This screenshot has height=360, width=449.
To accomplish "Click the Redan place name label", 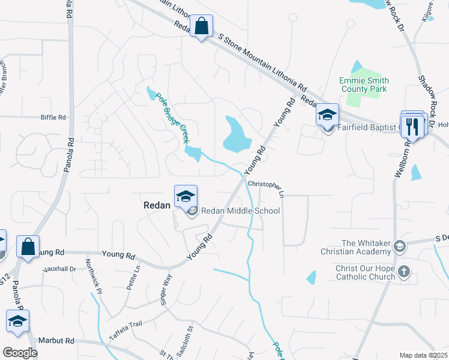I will click(158, 205).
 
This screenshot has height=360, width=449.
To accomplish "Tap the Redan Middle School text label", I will click(240, 211).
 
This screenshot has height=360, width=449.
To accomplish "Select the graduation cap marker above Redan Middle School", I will click(186, 196).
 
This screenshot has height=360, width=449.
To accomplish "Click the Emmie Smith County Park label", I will click(364, 85).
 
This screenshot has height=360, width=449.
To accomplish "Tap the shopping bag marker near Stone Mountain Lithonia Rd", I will click(201, 26).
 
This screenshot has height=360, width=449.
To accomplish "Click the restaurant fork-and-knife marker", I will click(412, 125).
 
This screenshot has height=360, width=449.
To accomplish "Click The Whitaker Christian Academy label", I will click(366, 247).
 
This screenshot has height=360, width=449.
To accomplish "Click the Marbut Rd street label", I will click(55, 340).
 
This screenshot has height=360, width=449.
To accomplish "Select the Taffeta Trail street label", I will click(125, 328).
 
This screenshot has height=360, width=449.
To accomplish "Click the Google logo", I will click(20, 353).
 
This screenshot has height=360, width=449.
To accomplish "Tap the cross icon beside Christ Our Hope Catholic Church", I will click(405, 271).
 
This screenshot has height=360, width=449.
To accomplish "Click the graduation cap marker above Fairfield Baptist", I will click(327, 114).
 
